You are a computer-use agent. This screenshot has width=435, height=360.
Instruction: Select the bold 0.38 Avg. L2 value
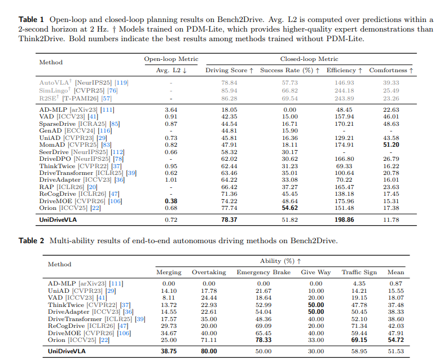click(x=170, y=200)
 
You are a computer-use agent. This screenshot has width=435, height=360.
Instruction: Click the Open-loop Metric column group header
click(x=172, y=59)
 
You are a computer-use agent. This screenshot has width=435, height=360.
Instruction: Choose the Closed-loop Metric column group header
click(x=309, y=59)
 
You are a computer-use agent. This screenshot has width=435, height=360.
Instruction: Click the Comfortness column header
click(x=391, y=71)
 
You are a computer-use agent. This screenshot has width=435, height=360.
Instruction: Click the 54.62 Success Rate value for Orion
click(x=289, y=207)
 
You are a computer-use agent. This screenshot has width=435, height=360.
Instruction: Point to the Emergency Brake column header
click(x=263, y=272)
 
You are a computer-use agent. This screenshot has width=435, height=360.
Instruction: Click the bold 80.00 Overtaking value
click(x=209, y=351)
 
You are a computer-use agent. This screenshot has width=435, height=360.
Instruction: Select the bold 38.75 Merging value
click(x=169, y=351)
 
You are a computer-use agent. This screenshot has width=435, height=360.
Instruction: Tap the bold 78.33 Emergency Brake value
click(x=263, y=340)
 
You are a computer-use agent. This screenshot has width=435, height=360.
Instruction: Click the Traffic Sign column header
click(x=359, y=272)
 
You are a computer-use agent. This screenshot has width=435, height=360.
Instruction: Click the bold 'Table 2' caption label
click(x=32, y=241)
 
